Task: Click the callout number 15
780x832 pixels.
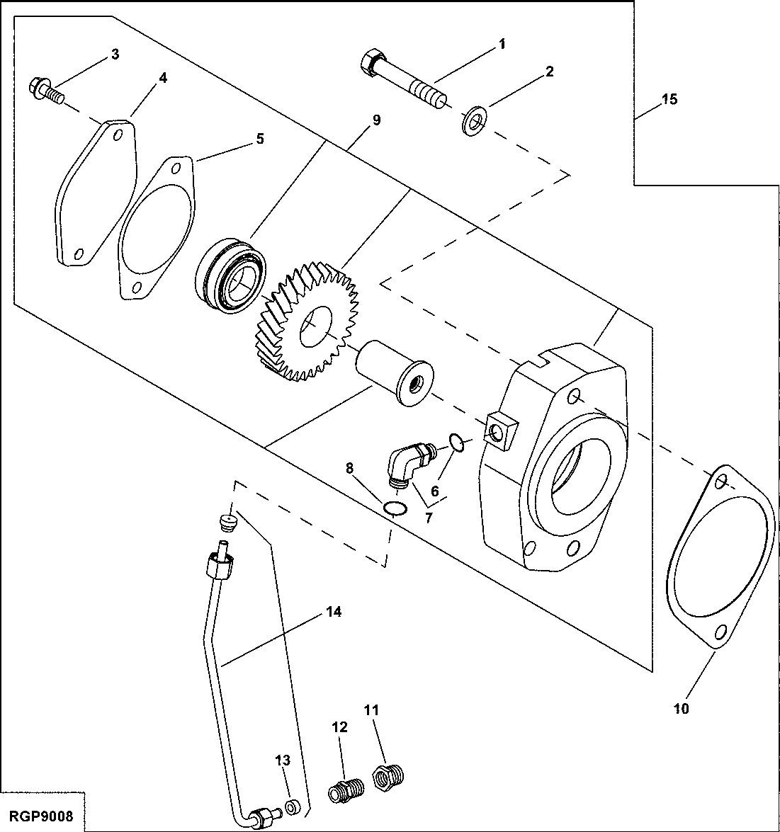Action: point(669,99)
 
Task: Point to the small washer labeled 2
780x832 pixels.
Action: point(473,120)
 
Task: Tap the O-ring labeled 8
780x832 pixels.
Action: point(395,508)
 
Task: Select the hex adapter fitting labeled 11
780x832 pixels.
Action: point(388,774)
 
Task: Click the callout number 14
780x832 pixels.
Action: point(334,611)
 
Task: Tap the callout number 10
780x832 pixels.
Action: point(680,707)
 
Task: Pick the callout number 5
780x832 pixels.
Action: point(260,139)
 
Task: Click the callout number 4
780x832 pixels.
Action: point(163,78)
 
